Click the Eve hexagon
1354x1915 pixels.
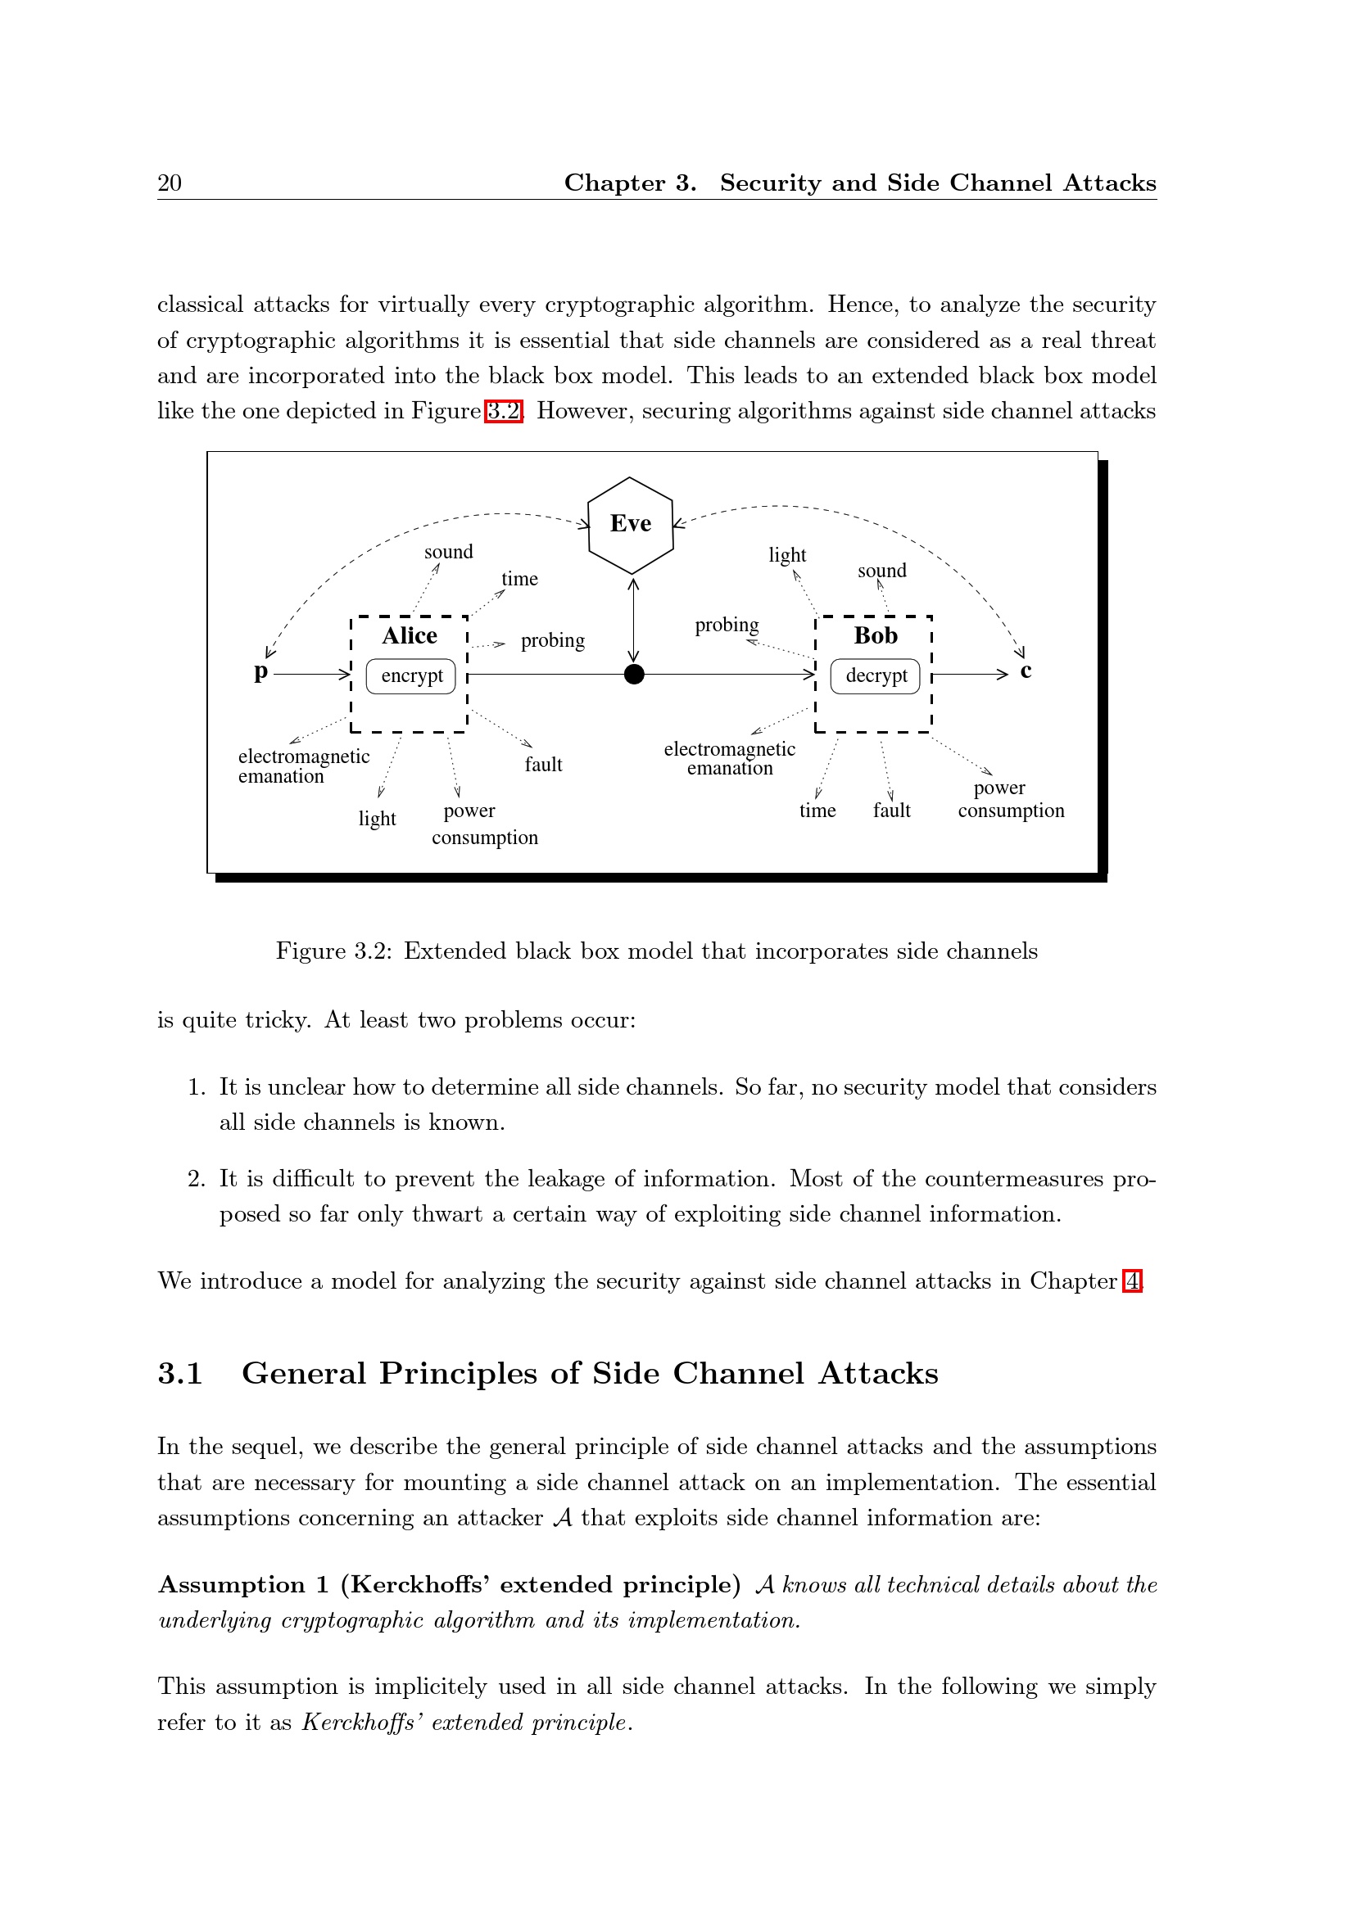[630, 525]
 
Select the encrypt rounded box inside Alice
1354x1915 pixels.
[411, 675]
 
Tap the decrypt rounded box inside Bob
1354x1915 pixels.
[875, 675]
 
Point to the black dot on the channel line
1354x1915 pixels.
[634, 674]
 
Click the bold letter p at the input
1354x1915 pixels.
[261, 671]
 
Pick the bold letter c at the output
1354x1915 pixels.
[1026, 671]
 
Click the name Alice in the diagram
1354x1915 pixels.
[410, 635]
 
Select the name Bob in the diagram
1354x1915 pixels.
[875, 635]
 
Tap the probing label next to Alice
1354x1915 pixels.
[552, 640]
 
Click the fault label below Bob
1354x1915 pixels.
[891, 811]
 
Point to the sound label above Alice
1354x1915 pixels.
[448, 552]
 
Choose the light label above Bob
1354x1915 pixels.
[786, 555]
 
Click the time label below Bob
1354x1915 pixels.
[817, 811]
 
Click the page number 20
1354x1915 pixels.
[170, 183]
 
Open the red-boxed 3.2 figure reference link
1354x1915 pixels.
[503, 411]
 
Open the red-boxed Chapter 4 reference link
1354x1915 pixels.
[1131, 1280]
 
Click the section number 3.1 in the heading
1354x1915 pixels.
[180, 1374]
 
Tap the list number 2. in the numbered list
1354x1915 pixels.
[196, 1178]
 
